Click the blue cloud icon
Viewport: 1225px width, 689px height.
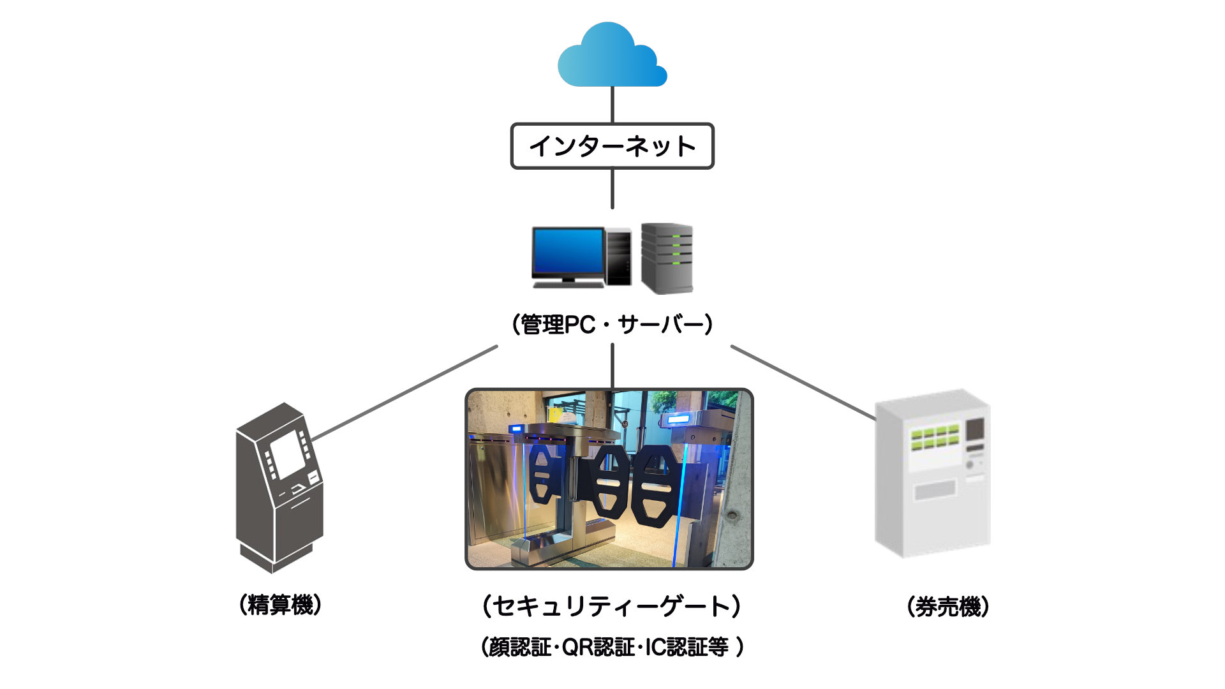[x=612, y=56]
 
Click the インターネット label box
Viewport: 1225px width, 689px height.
[x=612, y=146]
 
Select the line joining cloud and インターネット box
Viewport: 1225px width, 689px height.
[x=612, y=105]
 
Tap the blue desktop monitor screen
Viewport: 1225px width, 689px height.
[x=568, y=251]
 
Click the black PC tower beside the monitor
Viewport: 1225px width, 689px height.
[x=618, y=256]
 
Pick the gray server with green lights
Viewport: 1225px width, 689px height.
[x=667, y=258]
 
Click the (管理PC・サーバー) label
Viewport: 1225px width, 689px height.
[x=612, y=325]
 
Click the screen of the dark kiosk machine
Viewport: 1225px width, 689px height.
[x=288, y=454]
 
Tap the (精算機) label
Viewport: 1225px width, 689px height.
[x=280, y=604]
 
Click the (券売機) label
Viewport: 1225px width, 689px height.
[x=948, y=606]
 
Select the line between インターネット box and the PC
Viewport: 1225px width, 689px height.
[x=612, y=189]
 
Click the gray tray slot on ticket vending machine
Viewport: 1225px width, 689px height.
[x=935, y=490]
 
